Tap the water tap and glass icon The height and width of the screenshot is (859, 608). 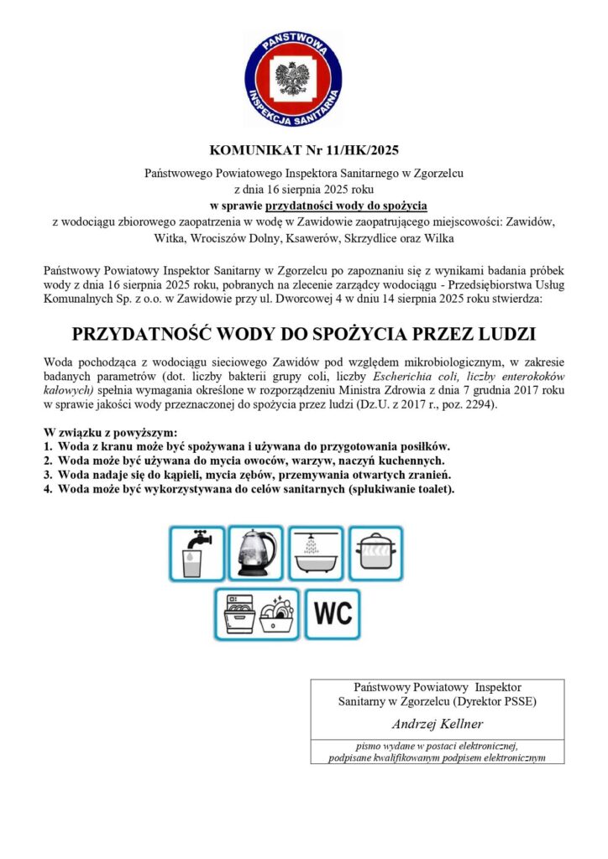coord(197,553)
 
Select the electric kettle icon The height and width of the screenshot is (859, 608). coord(255,553)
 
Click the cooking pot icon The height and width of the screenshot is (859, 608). coord(375,553)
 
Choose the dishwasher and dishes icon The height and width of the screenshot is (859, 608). coord(256,613)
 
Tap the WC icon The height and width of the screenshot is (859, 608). coord(333,613)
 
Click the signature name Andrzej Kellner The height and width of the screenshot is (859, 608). coord(437,724)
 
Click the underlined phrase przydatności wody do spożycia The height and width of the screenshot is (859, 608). coord(347,206)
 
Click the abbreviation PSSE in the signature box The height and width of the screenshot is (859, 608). coord(517,700)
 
